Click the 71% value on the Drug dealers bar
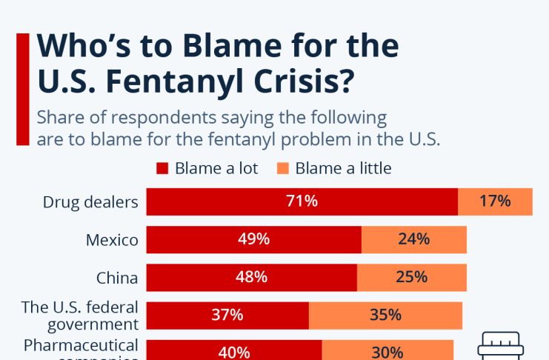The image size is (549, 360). coord(302,201)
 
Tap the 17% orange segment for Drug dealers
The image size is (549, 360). coord(495,201)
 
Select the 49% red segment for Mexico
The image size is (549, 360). coord(253,239)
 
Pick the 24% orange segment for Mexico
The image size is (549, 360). coord(413,239)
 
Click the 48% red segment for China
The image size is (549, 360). coord(251,277)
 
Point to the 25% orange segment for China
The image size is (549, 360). coord(411,277)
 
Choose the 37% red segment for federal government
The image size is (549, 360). coord(227,315)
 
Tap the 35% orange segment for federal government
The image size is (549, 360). coord(385,315)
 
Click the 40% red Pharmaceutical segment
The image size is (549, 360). coord(234,352)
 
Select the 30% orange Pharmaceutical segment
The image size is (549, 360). coord(387,352)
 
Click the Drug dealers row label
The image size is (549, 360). coord(90,201)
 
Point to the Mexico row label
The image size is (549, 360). coord(112,239)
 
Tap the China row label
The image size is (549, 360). coord(117,278)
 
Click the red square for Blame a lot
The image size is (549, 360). coord(163,168)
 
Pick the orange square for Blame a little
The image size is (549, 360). coord(283,168)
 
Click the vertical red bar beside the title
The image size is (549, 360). coord(22,89)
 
